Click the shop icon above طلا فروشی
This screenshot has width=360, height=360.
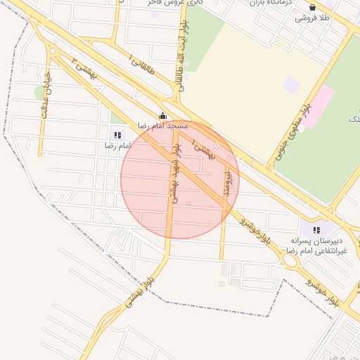click(x=312, y=8)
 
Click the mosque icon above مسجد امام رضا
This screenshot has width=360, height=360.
click(x=163, y=116)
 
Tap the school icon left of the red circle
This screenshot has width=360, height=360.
click(x=117, y=134)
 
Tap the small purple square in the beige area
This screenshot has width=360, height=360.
click(x=291, y=84)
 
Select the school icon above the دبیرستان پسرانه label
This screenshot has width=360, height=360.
click(x=316, y=229)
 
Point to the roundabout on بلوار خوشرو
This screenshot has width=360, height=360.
click(x=288, y=261)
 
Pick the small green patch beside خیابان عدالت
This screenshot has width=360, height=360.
click(x=39, y=92)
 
